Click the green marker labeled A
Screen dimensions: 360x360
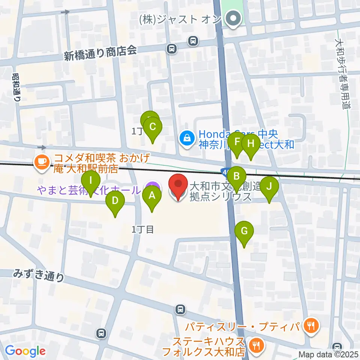coord(152,195)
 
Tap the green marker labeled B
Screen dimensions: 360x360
coord(236,176)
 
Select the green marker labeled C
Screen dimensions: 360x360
coord(153,127)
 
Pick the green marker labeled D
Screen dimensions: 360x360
coord(115,201)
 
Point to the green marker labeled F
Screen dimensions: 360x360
coord(237,142)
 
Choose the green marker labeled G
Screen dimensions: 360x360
coord(244,231)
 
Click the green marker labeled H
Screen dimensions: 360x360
coord(251,144)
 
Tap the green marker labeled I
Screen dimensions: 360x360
coord(91,180)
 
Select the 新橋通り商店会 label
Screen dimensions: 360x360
coord(100,54)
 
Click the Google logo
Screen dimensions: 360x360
coord(25,351)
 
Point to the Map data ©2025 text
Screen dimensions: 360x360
coord(328,354)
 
